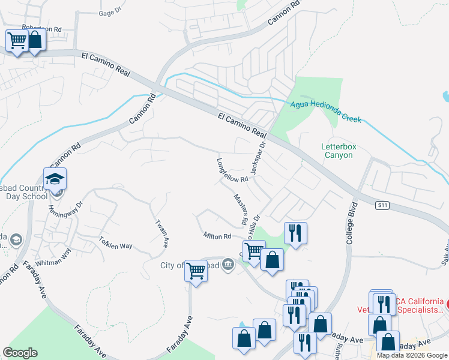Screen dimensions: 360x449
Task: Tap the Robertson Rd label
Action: [42, 28]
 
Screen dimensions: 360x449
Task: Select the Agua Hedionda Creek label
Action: [326, 111]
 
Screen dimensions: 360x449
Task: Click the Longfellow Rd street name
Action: [232, 170]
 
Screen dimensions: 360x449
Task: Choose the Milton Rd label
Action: [217, 236]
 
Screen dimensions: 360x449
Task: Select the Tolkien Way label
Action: [115, 242]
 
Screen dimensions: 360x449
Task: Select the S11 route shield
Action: [382, 205]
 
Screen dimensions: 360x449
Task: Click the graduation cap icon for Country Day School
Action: [55, 179]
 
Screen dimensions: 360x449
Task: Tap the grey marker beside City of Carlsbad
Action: [228, 263]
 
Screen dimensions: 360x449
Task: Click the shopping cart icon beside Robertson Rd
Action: [17, 41]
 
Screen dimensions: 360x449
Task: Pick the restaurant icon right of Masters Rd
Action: [295, 232]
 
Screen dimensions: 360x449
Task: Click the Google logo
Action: [20, 353]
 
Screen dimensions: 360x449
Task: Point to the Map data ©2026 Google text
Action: [412, 355]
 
